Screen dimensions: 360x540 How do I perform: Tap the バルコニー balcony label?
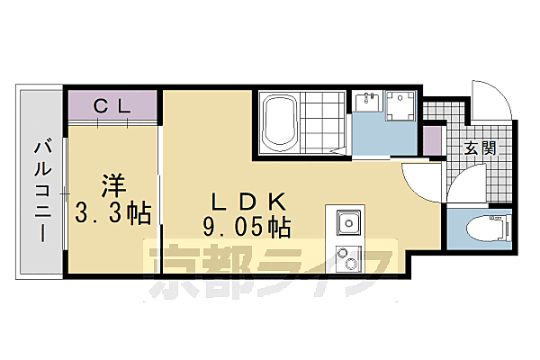pos(41,190)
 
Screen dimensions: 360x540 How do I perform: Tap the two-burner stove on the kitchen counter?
pos(346,258)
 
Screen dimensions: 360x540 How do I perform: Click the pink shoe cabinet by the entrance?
pos(433,142)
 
